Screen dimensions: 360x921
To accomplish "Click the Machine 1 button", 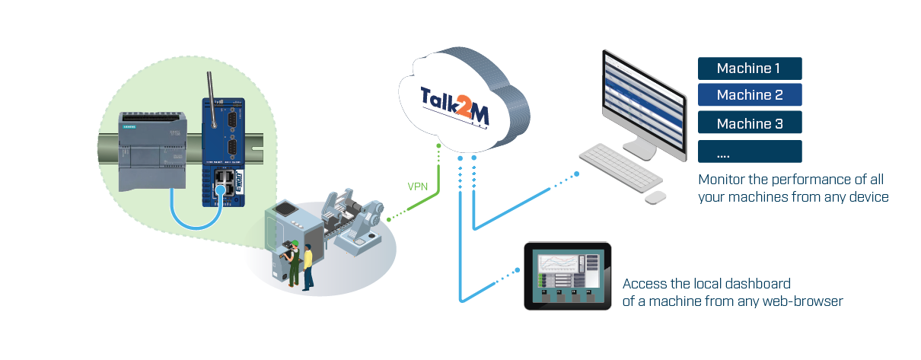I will click(x=749, y=68).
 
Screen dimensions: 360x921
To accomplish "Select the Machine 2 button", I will click(x=749, y=95).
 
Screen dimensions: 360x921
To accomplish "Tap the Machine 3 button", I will click(x=749, y=123).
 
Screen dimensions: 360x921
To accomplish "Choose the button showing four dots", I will click(x=749, y=151).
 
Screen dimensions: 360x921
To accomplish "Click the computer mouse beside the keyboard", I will click(x=655, y=197).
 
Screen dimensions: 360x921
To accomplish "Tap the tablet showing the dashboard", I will click(x=568, y=276).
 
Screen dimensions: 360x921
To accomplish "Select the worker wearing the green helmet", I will click(x=292, y=263).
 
